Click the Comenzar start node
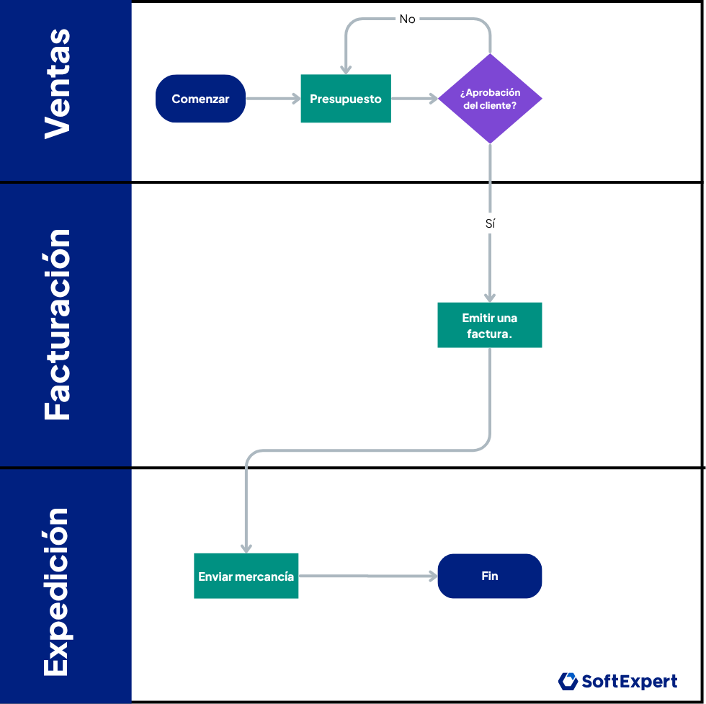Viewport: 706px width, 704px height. pyautogui.click(x=200, y=99)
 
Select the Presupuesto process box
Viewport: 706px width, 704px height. pyautogui.click(x=346, y=99)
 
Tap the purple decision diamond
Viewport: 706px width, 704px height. pyautogui.click(x=490, y=99)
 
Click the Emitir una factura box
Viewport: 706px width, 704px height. pyautogui.click(x=490, y=325)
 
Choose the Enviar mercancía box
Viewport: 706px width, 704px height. pyautogui.click(x=246, y=576)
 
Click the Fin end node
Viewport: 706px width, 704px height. pyautogui.click(x=490, y=576)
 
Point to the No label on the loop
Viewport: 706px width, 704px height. pyautogui.click(x=408, y=19)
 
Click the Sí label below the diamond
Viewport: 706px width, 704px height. pyautogui.click(x=490, y=224)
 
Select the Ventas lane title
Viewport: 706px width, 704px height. pyautogui.click(x=58, y=85)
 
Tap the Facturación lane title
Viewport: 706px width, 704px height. pyautogui.click(x=58, y=324)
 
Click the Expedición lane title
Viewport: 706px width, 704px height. pyautogui.click(x=58, y=591)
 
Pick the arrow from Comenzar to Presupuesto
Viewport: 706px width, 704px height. pyautogui.click(x=272, y=99)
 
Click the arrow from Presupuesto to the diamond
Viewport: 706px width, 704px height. pyautogui.click(x=414, y=99)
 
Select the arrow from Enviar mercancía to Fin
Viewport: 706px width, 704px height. pyautogui.click(x=367, y=576)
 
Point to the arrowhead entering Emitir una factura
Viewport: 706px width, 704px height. pyautogui.click(x=490, y=296)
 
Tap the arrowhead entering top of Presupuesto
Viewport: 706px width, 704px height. pyautogui.click(x=346, y=68)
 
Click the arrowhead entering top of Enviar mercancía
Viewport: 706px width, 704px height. pyautogui.click(x=246, y=547)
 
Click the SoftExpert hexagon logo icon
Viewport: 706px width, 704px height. pyautogui.click(x=568, y=681)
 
